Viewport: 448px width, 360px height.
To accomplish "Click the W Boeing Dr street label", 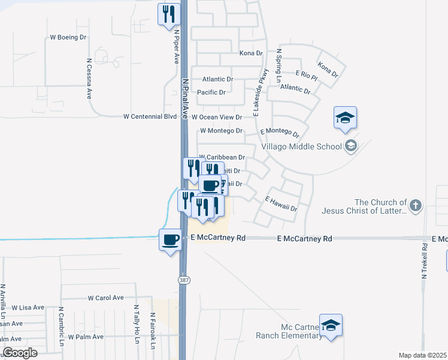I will [68, 37].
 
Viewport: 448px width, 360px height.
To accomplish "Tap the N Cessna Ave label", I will [89, 78].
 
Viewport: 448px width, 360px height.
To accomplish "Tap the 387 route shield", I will [182, 280].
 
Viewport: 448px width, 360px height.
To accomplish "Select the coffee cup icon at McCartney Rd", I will [170, 239].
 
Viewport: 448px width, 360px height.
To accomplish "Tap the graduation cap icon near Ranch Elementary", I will [331, 325].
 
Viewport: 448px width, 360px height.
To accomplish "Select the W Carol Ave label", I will [105, 298].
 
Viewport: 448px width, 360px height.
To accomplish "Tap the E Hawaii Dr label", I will [281, 204].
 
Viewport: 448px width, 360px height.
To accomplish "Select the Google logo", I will [20, 353].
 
